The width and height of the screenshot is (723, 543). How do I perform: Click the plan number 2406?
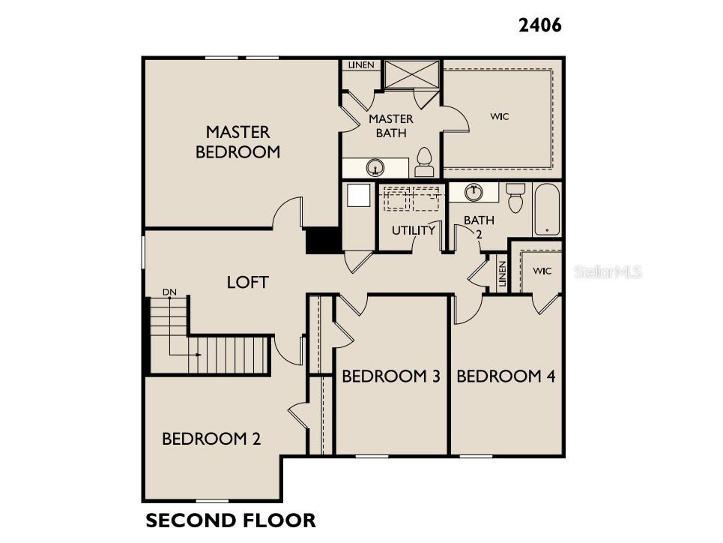[x=539, y=25]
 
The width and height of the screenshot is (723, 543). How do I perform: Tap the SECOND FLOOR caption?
[x=230, y=520]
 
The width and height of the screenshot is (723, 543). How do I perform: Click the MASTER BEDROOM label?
[x=238, y=142]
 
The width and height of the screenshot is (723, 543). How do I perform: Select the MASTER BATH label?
[x=391, y=126]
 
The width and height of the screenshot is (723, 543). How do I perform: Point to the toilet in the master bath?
[x=424, y=162]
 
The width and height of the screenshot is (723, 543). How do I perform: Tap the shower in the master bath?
[x=411, y=74]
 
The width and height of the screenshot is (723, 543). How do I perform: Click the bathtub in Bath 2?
[x=547, y=209]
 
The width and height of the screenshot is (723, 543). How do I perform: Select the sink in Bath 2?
[x=473, y=192]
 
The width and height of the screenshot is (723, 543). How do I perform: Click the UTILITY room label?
[x=413, y=230]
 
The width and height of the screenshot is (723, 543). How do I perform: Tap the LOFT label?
[x=247, y=282]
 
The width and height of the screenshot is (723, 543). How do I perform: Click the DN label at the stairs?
[x=170, y=292]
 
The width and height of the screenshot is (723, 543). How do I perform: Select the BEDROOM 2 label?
[x=211, y=439]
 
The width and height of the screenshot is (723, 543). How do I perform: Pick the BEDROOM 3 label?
[x=390, y=376]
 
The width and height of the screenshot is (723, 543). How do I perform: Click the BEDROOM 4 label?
[x=506, y=376]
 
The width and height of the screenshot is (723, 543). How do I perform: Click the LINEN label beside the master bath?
[x=361, y=65]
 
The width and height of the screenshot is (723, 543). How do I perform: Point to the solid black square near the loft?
[x=323, y=241]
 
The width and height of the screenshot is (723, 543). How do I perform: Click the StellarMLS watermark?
[x=608, y=271]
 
